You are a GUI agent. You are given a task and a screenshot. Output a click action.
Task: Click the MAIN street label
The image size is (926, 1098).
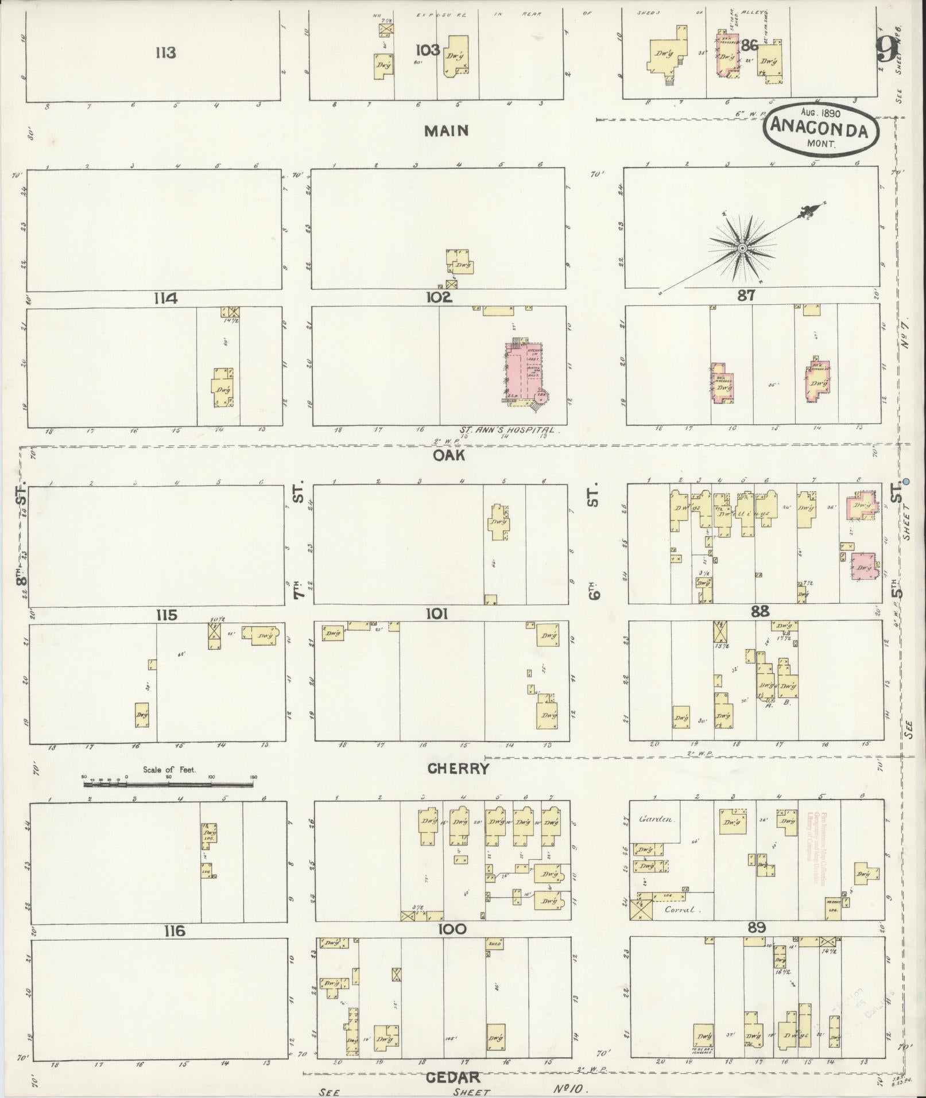tap(446, 131)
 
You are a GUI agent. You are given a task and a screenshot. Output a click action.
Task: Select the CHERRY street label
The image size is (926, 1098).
tap(459, 769)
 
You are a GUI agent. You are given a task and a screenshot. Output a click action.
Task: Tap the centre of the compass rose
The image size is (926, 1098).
tap(742, 249)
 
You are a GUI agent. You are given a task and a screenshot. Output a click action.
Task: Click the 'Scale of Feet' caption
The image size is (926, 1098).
tap(169, 770)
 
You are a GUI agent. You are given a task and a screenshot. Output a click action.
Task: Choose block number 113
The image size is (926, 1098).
tap(165, 53)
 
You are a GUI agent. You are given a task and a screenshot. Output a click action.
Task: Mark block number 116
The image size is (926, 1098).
tap(174, 931)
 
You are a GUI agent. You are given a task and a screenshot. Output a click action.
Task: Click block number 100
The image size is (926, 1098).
tap(452, 929)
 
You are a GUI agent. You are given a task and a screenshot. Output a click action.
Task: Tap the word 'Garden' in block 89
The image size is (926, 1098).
tap(656, 820)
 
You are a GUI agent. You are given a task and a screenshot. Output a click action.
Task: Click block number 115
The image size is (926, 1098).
tap(166, 615)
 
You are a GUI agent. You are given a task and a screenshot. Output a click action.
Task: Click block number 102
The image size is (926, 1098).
tap(439, 297)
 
